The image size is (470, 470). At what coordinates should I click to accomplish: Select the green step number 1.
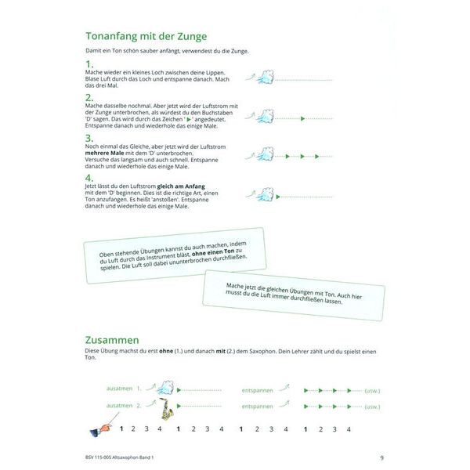89,63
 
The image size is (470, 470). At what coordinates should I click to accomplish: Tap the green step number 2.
89,99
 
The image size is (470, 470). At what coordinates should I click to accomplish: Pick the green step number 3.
89,136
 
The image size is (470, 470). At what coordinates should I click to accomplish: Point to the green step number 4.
89,178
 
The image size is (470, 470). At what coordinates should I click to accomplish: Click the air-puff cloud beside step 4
266,193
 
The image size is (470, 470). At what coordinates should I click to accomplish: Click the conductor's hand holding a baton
99,428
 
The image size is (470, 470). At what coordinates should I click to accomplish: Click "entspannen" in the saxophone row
258,407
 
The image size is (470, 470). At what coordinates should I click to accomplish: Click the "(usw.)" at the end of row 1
372,389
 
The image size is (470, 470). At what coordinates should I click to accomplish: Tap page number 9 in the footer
381,457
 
